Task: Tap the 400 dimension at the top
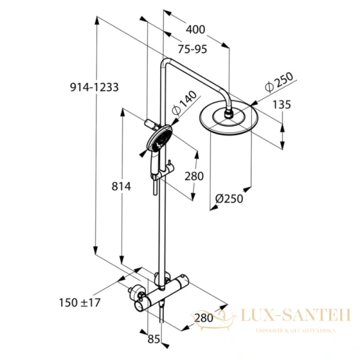[196, 29]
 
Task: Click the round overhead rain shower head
[228, 120]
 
